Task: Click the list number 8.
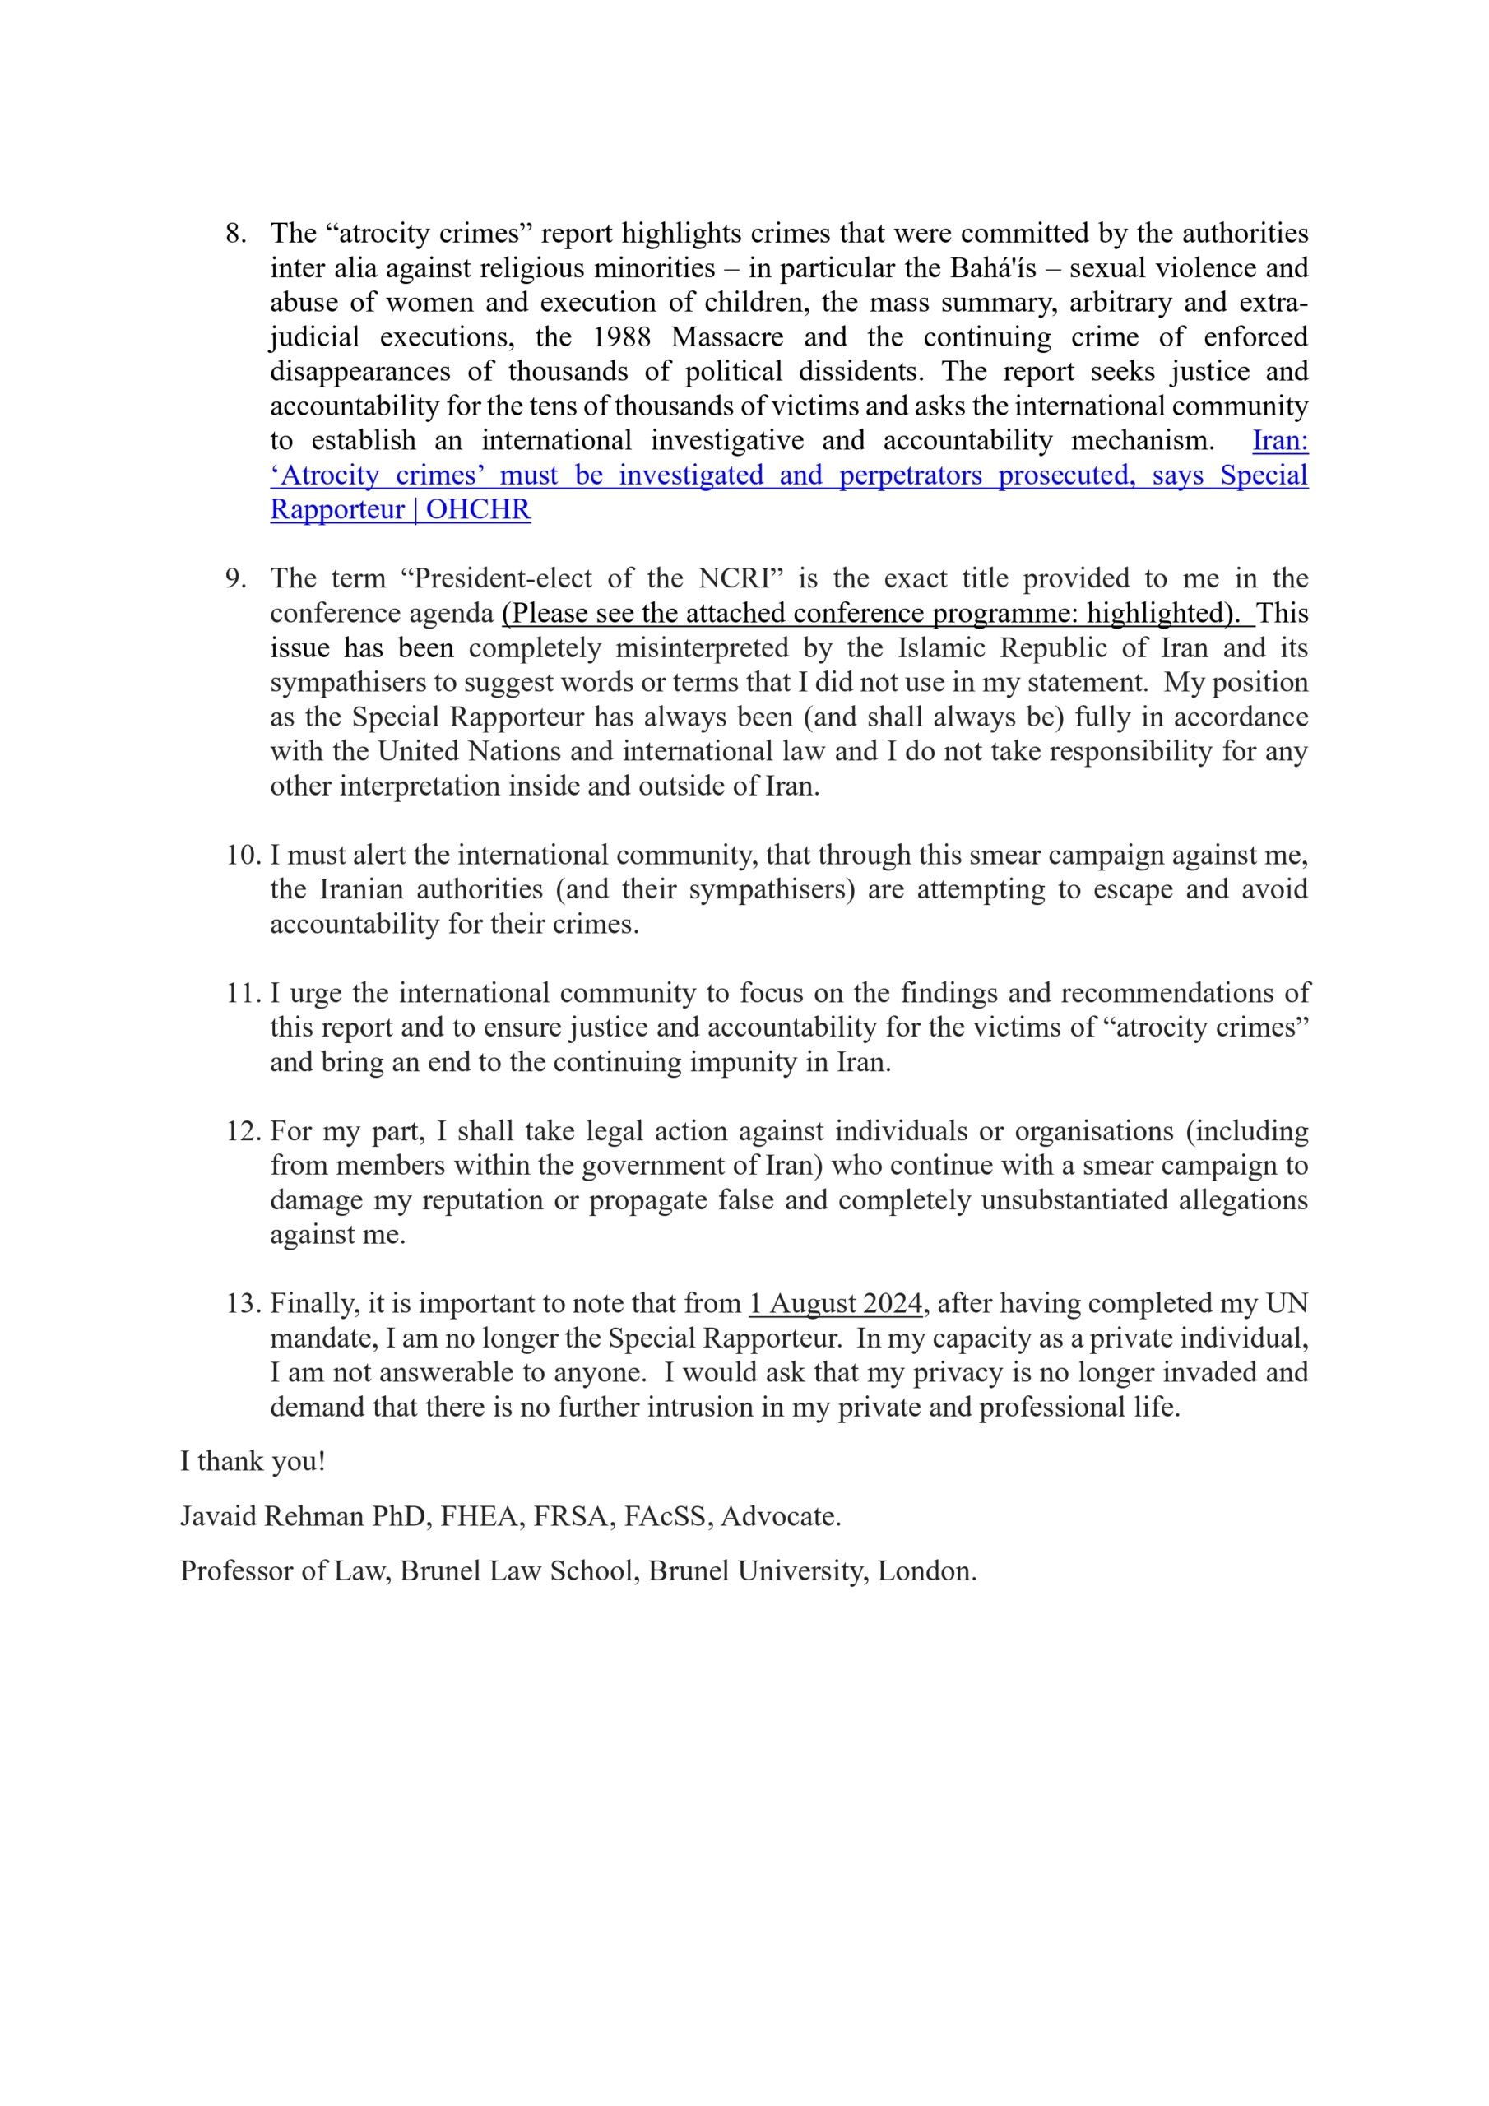pos(236,234)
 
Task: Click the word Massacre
pos(726,337)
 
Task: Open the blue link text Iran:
pos(1280,441)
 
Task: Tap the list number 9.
pos(236,579)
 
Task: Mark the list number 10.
pos(244,856)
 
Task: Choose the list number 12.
pos(244,1132)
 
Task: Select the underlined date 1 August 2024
pos(836,1305)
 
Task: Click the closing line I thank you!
pos(253,1461)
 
